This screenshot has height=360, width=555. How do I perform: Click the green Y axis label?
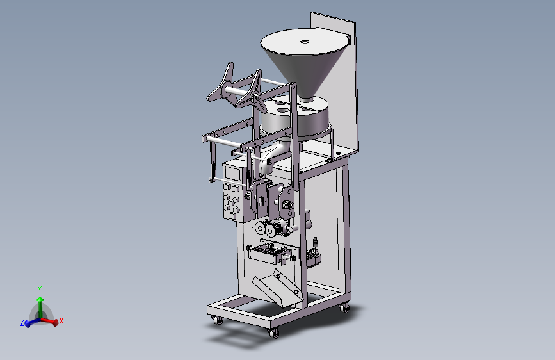40,290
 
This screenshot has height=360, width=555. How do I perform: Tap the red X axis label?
61,321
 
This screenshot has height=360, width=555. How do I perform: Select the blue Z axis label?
22,322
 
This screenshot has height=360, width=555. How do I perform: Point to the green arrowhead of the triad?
40,299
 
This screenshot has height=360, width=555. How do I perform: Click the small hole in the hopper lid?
305,42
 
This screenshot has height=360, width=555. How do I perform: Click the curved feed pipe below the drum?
272,156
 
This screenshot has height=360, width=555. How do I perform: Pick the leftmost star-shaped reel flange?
221,83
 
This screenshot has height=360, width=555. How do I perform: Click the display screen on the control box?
232,173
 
